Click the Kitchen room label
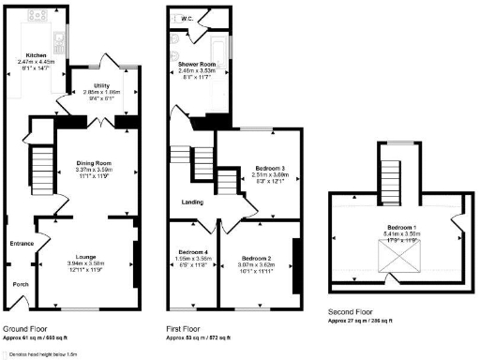pos(37,55)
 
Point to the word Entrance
pos(22,244)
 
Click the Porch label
pos(20,282)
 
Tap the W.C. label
pos(185,18)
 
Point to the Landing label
pos(182,202)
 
